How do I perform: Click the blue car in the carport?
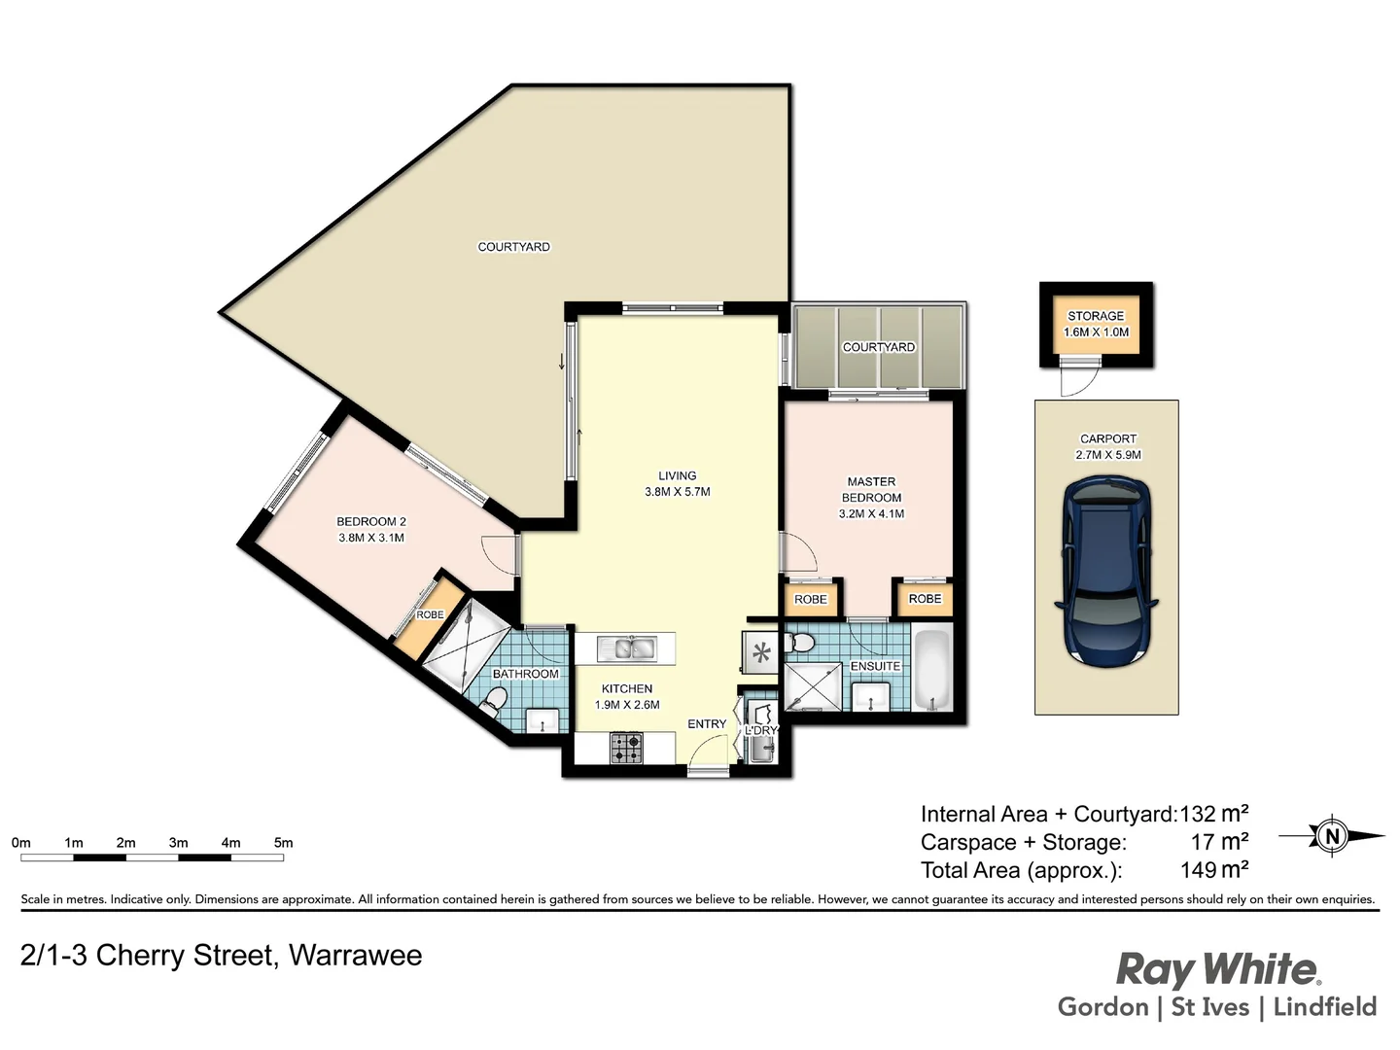(1107, 572)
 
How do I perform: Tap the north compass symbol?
(1332, 835)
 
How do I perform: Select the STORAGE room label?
(1096, 316)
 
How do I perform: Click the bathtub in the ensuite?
(932, 671)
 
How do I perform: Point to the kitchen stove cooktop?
(626, 748)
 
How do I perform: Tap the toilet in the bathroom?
(495, 700)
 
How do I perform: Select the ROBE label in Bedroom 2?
(430, 614)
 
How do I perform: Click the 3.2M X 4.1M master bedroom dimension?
(871, 513)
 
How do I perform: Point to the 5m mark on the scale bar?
(283, 843)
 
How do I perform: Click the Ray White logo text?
(1217, 969)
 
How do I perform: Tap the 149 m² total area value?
(1214, 870)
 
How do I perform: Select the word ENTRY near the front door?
(707, 724)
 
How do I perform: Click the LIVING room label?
(678, 476)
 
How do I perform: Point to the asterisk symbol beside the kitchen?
(761, 652)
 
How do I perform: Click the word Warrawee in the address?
(356, 956)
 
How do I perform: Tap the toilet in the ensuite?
(801, 643)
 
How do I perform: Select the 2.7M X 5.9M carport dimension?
(1108, 455)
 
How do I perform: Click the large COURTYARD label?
(513, 247)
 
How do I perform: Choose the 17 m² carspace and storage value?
(1219, 842)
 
